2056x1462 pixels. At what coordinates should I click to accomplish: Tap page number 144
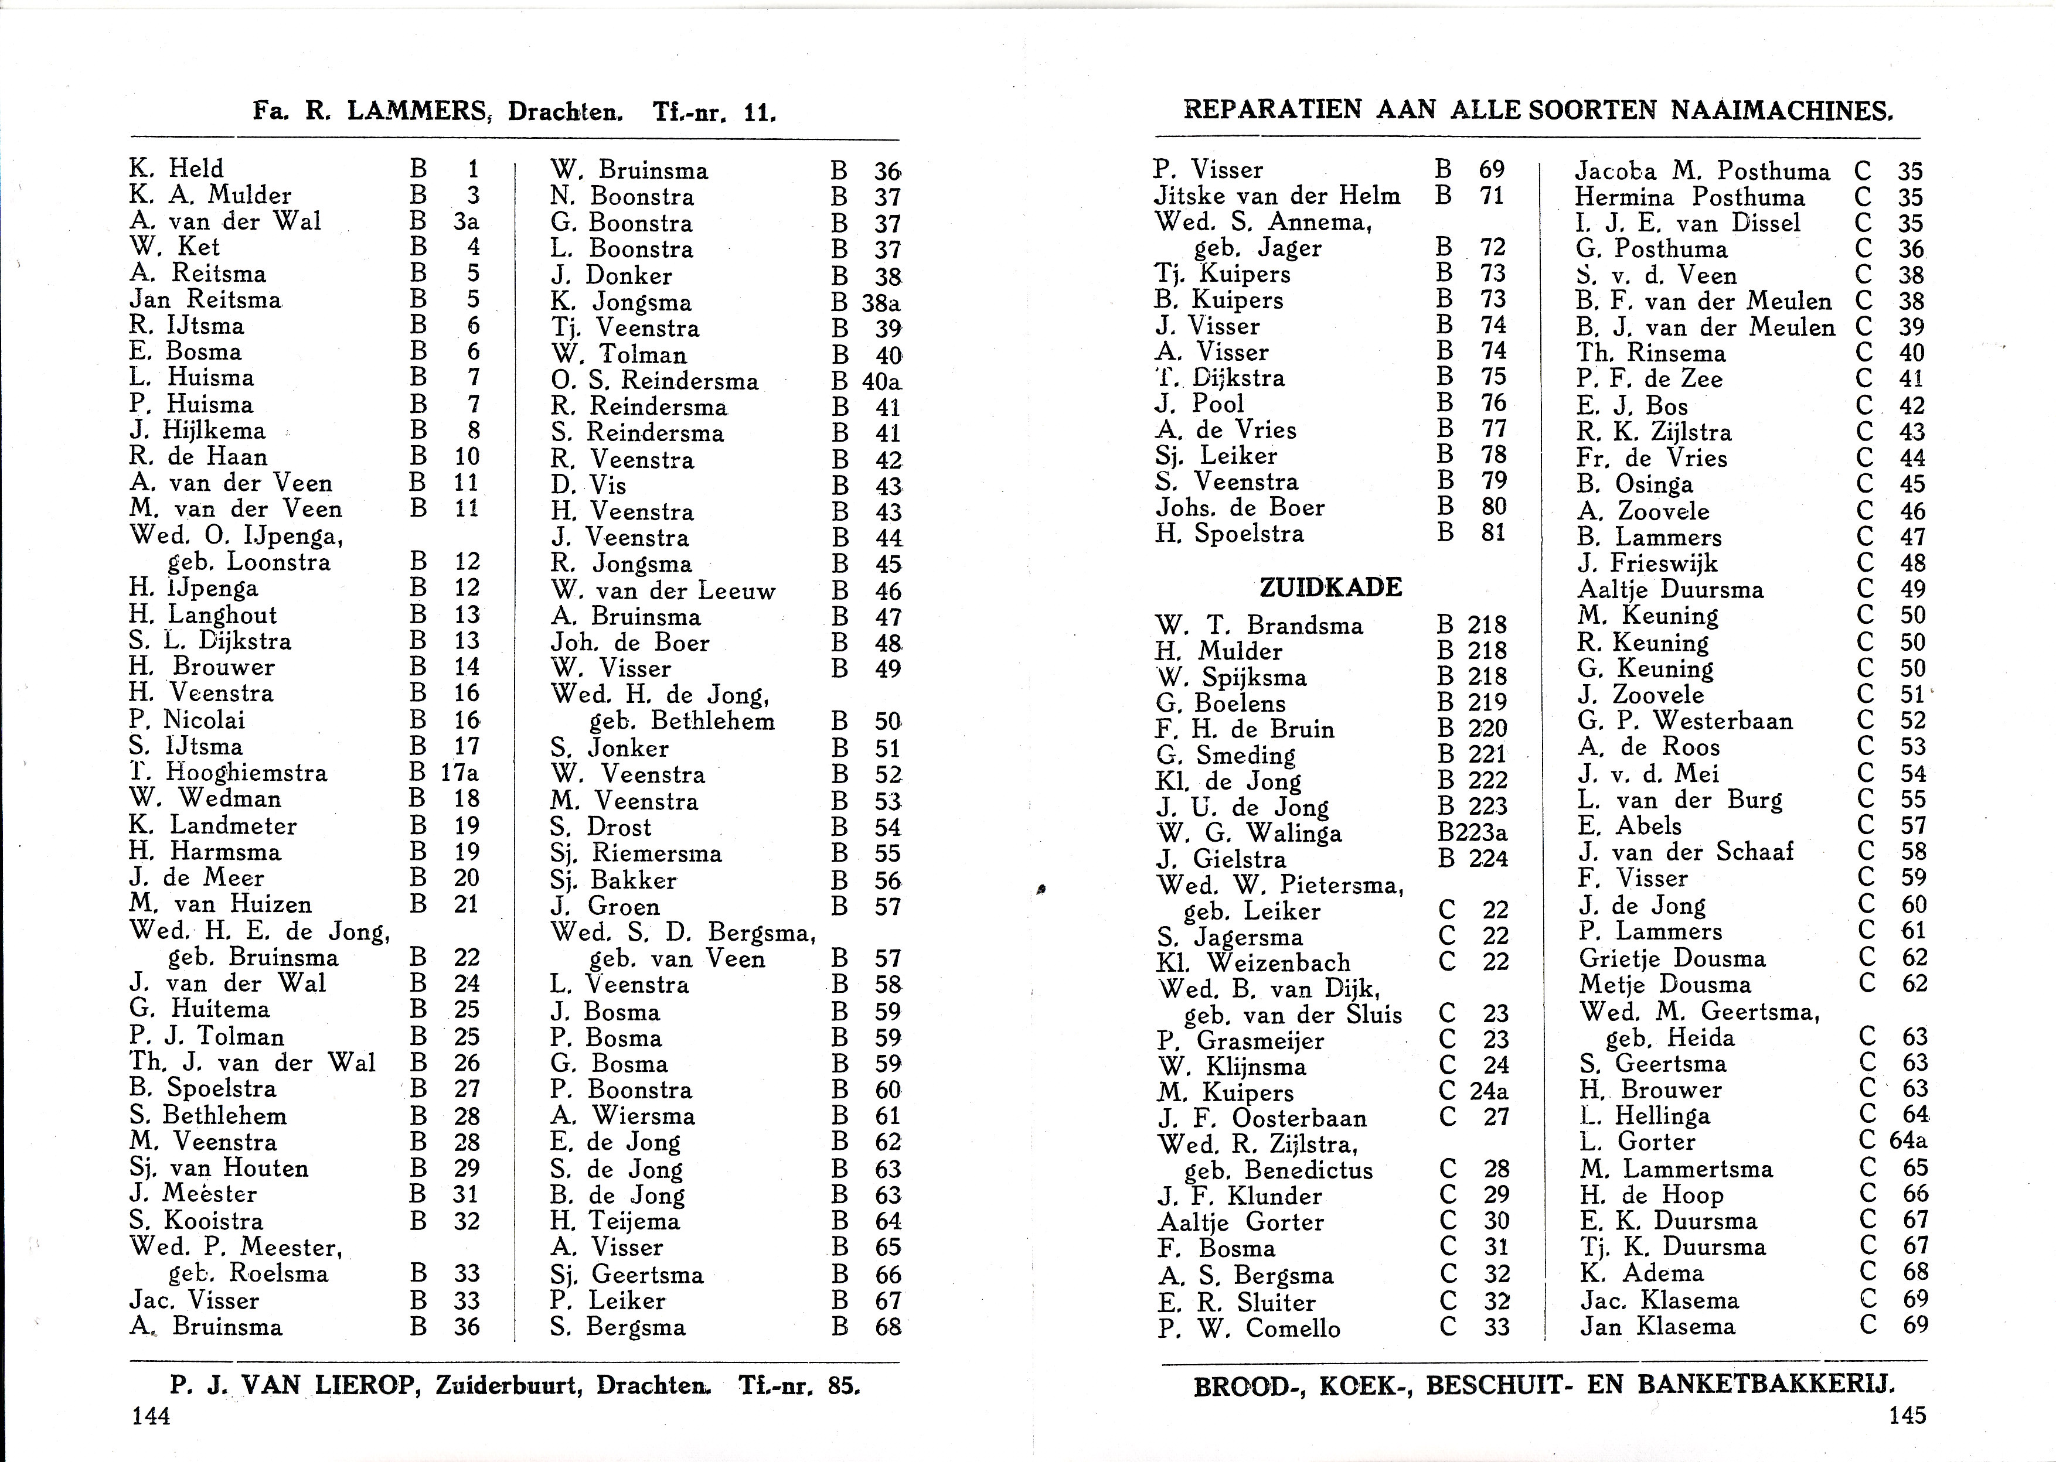coord(151,1416)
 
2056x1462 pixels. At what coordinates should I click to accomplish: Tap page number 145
coord(1907,1415)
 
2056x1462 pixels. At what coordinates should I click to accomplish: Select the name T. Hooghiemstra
coord(228,773)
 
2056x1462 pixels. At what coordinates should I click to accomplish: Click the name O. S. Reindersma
coord(655,381)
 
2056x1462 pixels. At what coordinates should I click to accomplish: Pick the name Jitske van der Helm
coord(1277,196)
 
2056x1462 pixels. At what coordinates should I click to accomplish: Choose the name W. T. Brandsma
coord(1259,625)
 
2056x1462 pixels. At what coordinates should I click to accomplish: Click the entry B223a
coord(1472,833)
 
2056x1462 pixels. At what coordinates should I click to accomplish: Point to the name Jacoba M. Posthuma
coord(1702,171)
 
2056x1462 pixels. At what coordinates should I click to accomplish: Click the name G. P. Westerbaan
coord(1685,721)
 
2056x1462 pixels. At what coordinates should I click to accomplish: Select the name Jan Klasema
coord(1657,1326)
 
